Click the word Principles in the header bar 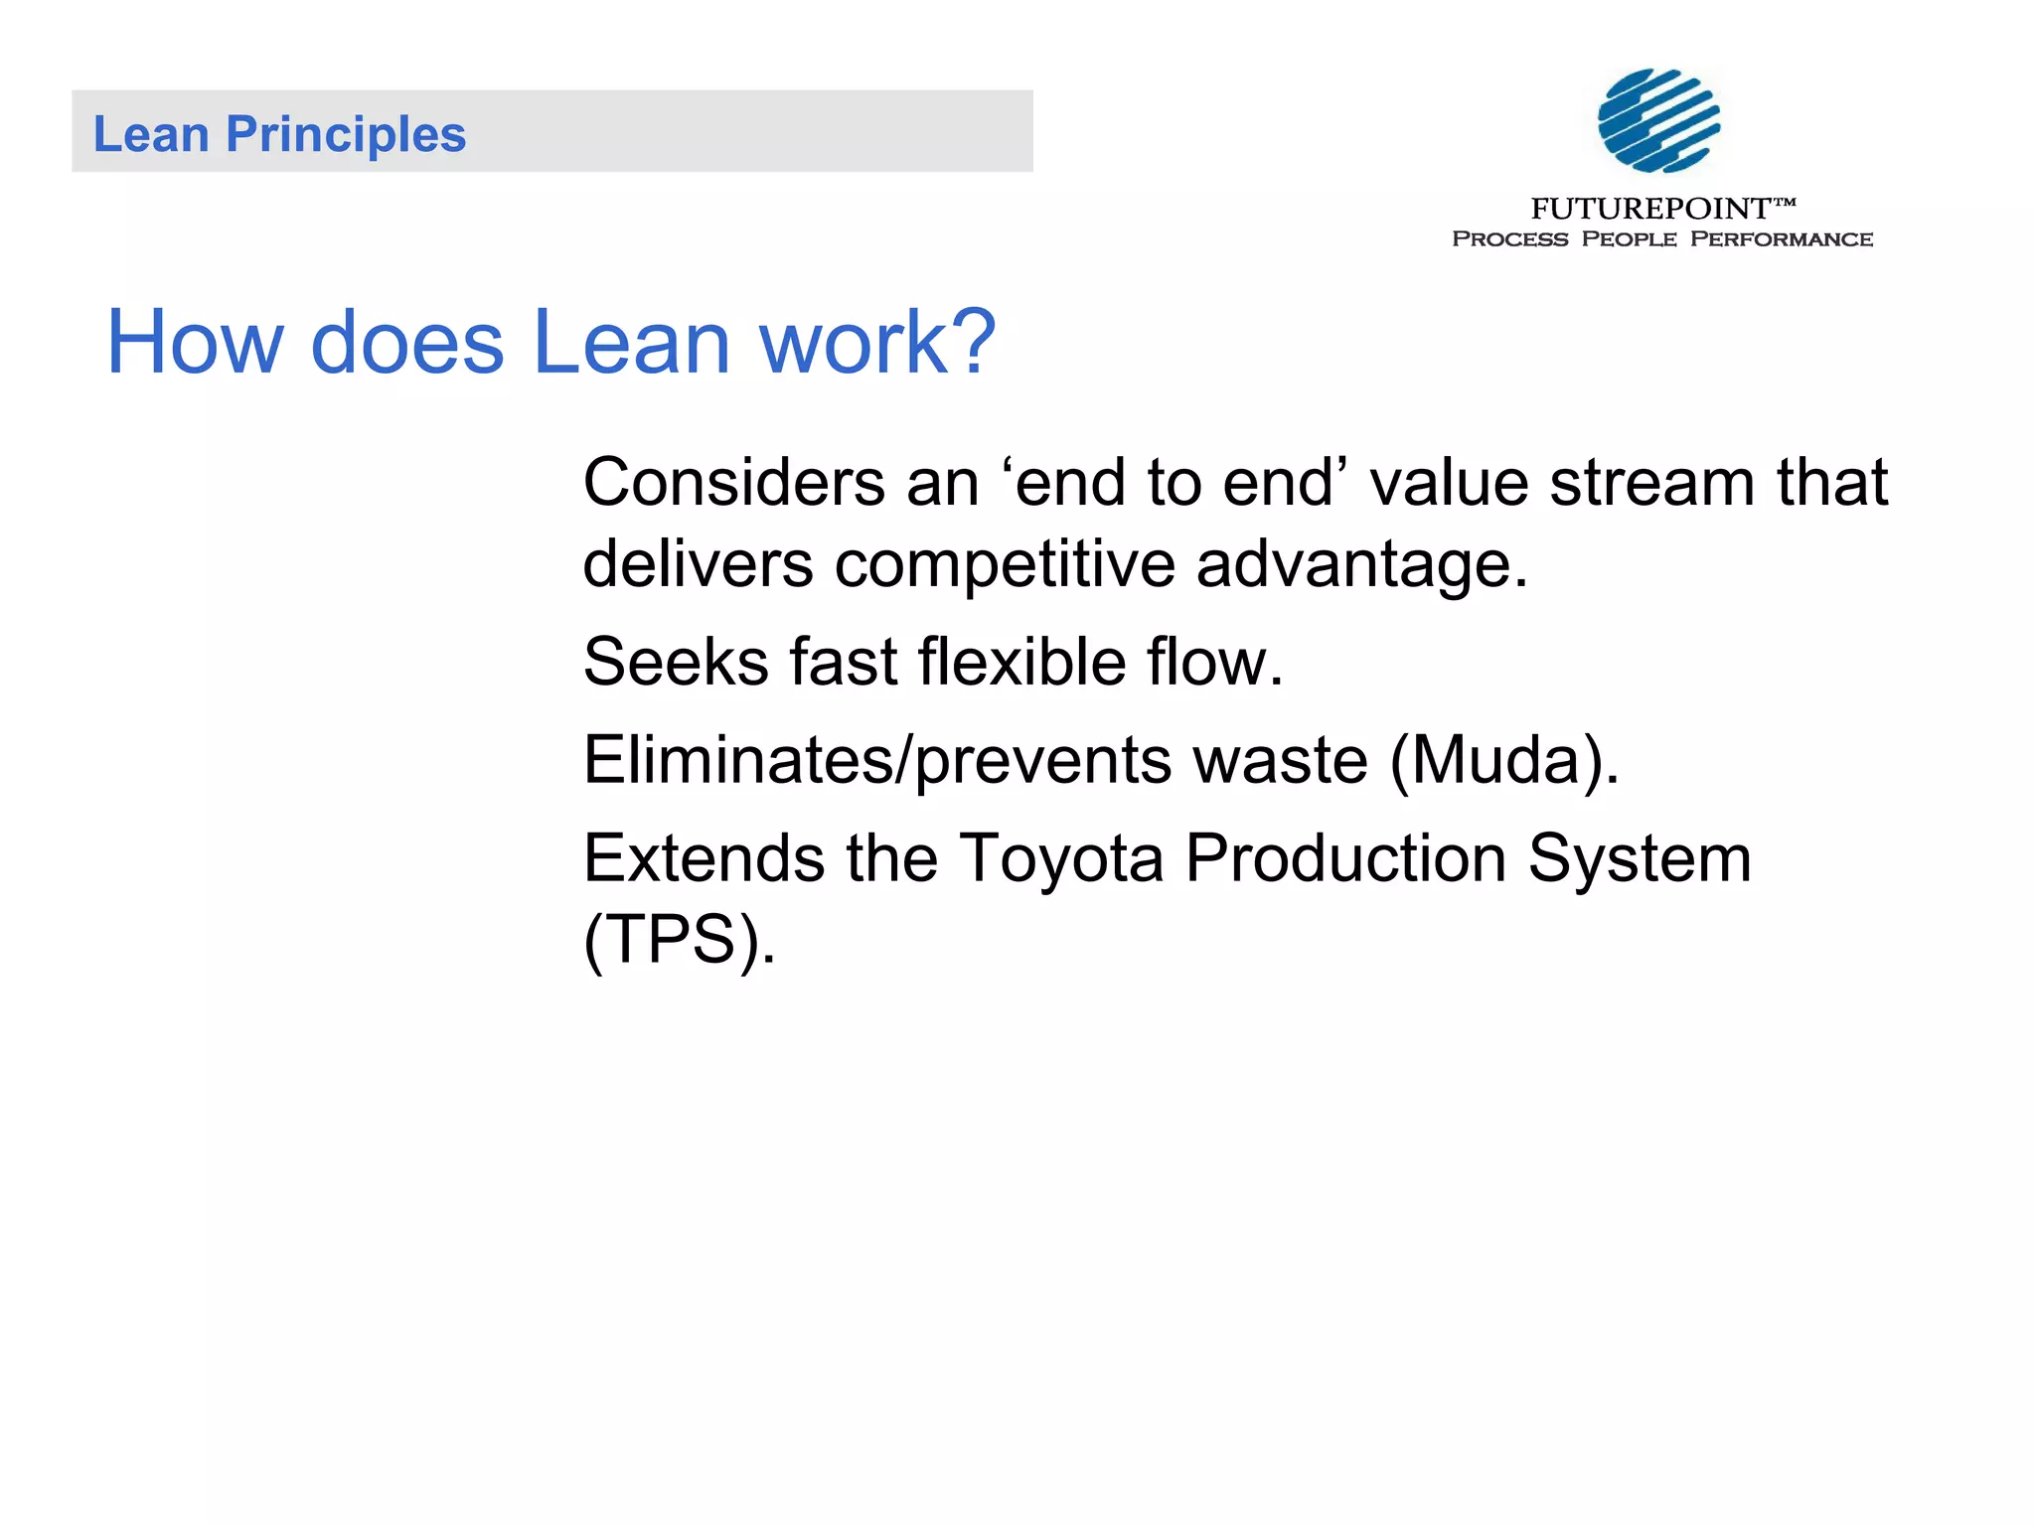346,134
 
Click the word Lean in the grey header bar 150,134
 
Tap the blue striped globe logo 1658,120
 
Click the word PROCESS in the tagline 1509,239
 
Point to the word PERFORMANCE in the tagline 1781,239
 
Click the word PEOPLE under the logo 1629,239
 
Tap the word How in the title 195,342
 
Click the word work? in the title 876,342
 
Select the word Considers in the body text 733,483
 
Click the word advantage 1360,564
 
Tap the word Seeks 676,663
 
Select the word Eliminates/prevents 875,761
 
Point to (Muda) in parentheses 1503,761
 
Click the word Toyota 1060,859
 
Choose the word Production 1345,859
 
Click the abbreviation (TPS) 679,940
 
